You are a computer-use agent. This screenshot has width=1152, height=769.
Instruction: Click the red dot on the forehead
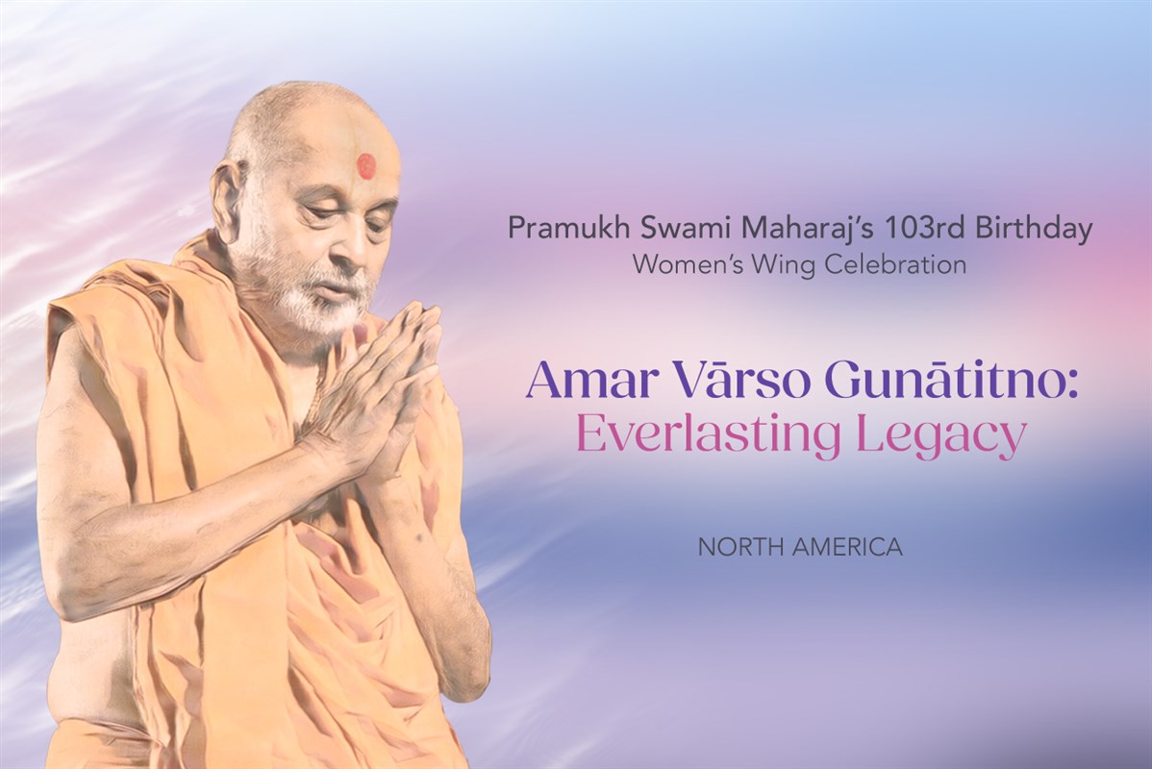coord(366,166)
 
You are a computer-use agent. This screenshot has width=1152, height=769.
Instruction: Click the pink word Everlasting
coord(709,435)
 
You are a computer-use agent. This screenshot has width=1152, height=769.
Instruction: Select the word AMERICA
coord(848,547)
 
